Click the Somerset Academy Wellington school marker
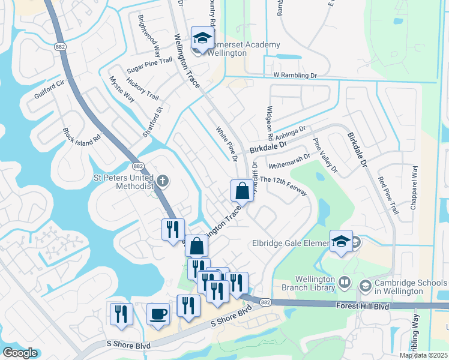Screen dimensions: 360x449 [x=202, y=38]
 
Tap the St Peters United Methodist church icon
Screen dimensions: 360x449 [x=161, y=180]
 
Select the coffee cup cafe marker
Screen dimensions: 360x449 [x=158, y=314]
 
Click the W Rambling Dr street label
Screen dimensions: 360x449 [x=295, y=76]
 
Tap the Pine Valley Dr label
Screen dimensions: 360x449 [x=325, y=155]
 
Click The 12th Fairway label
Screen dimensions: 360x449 [x=283, y=186]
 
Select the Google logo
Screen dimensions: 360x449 [x=20, y=353]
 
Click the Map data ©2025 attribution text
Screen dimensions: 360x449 [x=424, y=355]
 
